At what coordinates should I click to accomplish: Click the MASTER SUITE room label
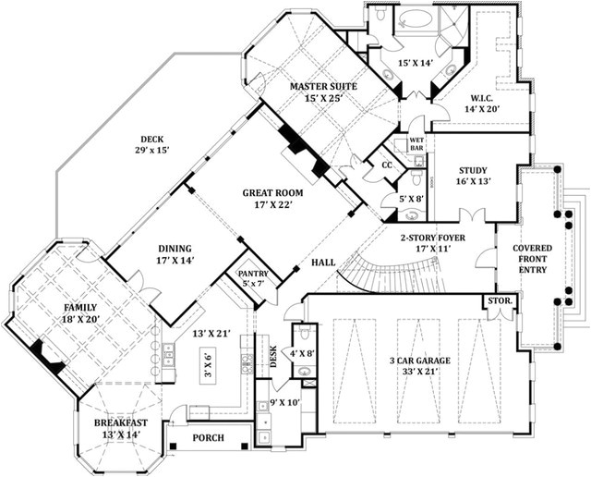tap(323, 87)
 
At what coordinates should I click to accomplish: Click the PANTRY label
tap(252, 275)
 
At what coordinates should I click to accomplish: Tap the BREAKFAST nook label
tap(120, 424)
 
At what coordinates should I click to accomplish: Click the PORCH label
tap(211, 437)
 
